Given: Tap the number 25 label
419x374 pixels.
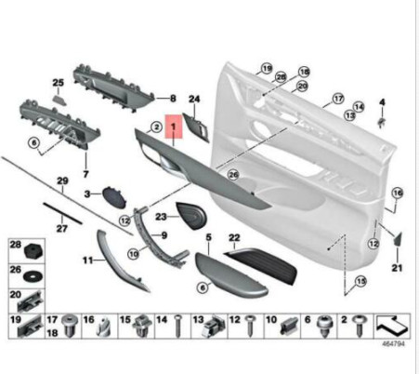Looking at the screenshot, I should pyautogui.click(x=57, y=82).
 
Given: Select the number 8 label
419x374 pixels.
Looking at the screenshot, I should pyautogui.click(x=172, y=98).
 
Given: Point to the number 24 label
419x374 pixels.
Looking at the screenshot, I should pyautogui.click(x=194, y=98).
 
